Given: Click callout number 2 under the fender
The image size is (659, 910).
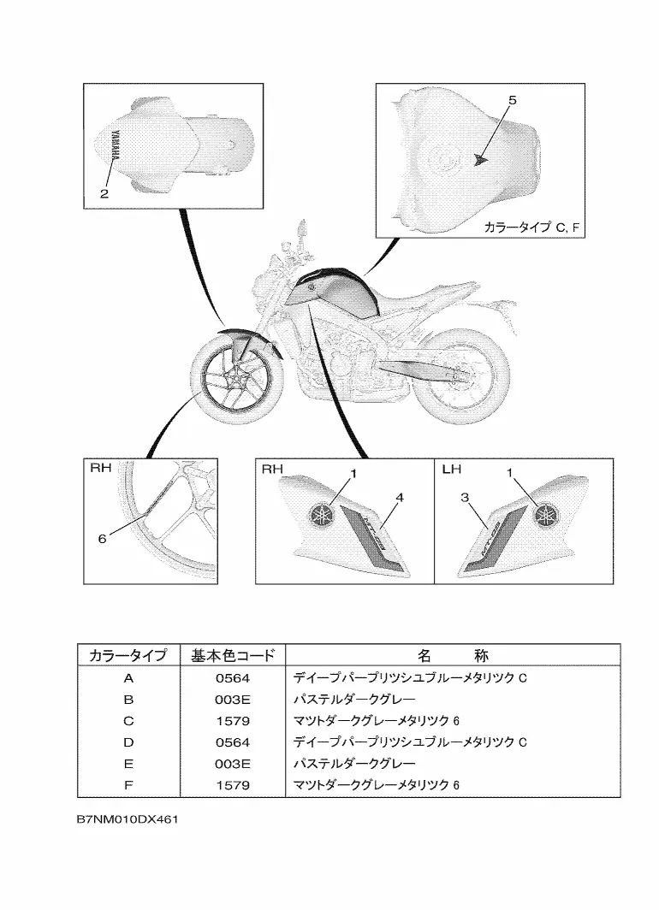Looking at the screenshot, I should (104, 194).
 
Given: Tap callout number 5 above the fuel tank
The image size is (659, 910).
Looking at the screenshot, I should (512, 101).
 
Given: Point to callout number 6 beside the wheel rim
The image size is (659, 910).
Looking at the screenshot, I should (102, 539).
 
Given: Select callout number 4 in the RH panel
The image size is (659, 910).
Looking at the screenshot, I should (400, 497).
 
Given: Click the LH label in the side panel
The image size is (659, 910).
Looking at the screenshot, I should (453, 469).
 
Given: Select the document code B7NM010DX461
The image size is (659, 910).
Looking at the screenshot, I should (126, 818).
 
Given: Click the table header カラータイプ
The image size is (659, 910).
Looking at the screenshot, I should (128, 656).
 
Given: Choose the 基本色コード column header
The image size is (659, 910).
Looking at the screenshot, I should (233, 656).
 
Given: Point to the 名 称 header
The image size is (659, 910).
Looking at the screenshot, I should (453, 656).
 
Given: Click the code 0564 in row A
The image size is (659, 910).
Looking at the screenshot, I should (233, 678).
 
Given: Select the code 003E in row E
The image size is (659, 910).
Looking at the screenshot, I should (233, 763).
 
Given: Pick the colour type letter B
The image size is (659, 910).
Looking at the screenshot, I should (128, 700).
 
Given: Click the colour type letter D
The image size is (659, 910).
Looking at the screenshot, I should (128, 742).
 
